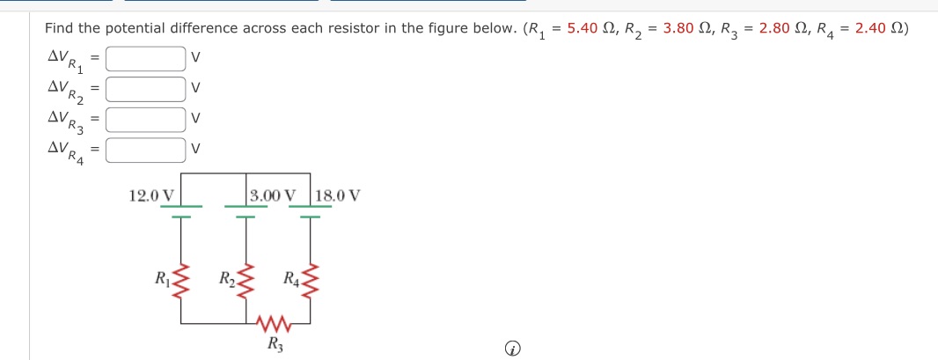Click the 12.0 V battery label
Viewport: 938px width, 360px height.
click(151, 195)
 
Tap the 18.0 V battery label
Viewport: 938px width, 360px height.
click(337, 195)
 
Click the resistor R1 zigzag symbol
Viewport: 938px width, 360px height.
click(181, 283)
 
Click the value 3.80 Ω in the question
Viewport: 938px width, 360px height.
click(692, 28)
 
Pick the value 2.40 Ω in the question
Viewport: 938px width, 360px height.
click(883, 28)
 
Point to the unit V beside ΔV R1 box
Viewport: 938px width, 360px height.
click(196, 60)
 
